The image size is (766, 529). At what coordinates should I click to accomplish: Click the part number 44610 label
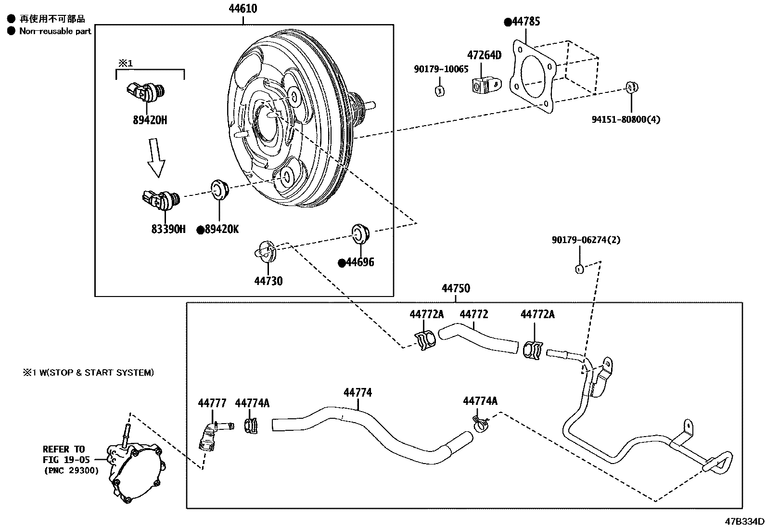click(x=243, y=8)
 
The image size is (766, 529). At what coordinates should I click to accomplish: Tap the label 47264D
click(x=484, y=55)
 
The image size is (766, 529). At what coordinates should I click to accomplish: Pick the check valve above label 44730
click(x=266, y=250)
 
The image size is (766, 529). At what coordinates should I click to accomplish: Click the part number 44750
click(x=456, y=289)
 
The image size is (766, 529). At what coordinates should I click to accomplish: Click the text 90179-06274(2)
click(x=586, y=240)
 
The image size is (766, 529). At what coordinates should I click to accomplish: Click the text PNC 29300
click(x=71, y=470)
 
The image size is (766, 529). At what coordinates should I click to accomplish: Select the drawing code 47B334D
click(x=745, y=521)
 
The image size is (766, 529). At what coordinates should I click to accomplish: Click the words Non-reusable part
click(x=55, y=31)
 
